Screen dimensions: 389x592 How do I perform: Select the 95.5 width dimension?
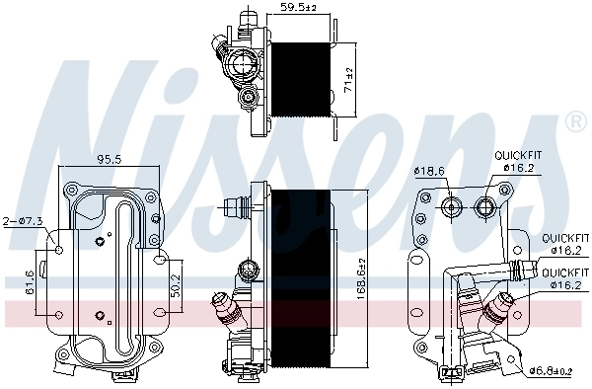click(109, 158)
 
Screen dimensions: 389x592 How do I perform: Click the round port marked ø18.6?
click(453, 206)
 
